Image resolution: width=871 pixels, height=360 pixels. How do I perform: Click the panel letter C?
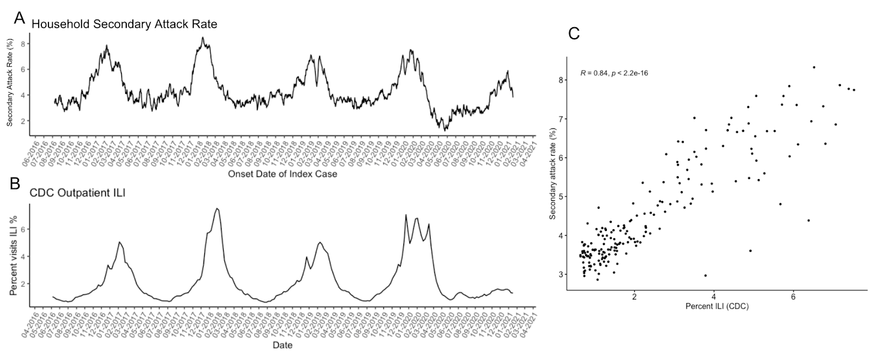tap(574, 34)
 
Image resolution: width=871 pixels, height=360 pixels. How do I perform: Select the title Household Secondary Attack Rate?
tap(124, 25)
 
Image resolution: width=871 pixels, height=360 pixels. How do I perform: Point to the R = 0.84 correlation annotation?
tap(614, 73)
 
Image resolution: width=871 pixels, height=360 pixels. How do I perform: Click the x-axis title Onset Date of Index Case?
tap(283, 174)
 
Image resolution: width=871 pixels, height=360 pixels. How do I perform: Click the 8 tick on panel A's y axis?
tap(24, 43)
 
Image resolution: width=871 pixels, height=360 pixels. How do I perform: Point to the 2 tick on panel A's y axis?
tap(24, 121)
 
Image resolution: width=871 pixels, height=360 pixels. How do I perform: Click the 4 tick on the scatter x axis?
tap(714, 297)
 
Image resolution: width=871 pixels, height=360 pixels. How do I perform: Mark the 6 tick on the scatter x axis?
tap(793, 297)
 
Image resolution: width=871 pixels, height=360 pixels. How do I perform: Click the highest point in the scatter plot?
tap(814, 68)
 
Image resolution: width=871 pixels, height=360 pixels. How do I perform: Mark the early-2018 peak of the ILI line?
tap(217, 209)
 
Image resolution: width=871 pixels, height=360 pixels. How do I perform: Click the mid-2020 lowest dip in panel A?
tap(446, 130)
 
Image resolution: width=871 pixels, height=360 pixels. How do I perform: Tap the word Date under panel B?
tap(283, 345)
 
